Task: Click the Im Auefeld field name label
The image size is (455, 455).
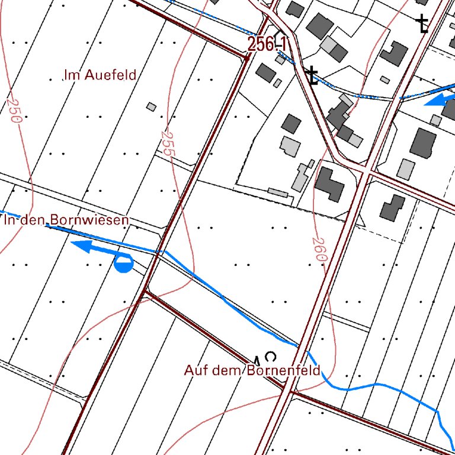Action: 100,75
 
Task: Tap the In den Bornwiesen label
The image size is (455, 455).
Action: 66,220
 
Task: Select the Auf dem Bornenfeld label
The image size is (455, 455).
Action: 252,371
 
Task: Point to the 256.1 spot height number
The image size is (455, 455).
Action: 268,44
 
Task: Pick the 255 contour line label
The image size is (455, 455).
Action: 166,144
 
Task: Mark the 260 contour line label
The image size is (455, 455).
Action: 319,249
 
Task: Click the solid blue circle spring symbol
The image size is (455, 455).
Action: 123,264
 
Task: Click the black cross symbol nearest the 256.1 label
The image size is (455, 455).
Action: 312,76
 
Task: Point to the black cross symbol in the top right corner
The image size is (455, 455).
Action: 422,24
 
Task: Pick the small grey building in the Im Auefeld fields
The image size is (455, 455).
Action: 152,107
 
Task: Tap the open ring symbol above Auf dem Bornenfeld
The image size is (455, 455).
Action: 271,357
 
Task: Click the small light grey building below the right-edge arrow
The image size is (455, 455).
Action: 436,120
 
